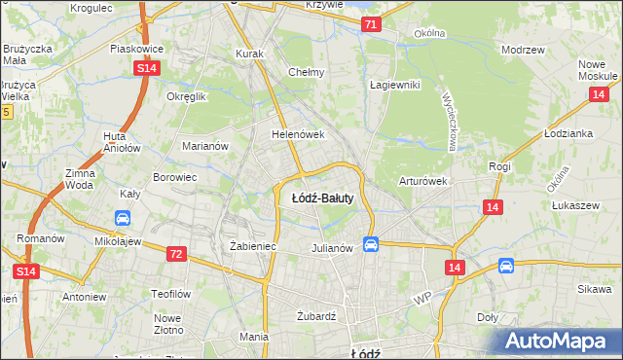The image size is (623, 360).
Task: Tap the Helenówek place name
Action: pos(297,135)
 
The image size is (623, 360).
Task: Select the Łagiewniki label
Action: pos(394,85)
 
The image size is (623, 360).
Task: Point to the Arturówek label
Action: pos(422,181)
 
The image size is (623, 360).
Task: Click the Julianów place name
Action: pos(331,248)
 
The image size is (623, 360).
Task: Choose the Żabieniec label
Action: pos(253,247)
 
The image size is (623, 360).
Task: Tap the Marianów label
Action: pos(204,146)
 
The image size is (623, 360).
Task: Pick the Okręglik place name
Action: pos(187,97)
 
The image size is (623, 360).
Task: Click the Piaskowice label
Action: pos(135,48)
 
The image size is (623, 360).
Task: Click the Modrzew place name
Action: pos(522,49)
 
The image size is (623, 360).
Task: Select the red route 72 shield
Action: pos(175,254)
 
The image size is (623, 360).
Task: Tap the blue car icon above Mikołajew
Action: pos(124,218)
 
